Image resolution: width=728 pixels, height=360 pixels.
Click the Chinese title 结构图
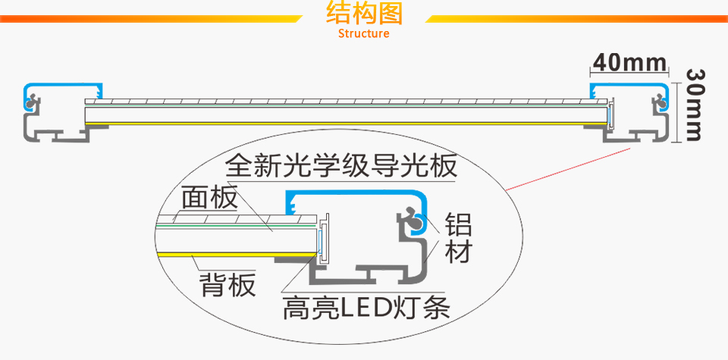363,14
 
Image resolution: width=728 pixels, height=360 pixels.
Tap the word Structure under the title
363,33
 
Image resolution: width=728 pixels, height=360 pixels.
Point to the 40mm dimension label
629,61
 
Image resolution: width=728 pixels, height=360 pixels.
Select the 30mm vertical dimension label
696,104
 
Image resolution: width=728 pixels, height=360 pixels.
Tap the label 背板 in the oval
227,286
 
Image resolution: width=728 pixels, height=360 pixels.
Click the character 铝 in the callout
458,226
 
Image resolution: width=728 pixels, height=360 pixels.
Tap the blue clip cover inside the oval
349,196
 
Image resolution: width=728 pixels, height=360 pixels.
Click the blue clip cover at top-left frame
64,85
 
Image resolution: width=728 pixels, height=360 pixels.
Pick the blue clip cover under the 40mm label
629,84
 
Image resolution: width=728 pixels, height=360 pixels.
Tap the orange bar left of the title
152,17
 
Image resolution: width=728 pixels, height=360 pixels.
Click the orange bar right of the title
576,17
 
